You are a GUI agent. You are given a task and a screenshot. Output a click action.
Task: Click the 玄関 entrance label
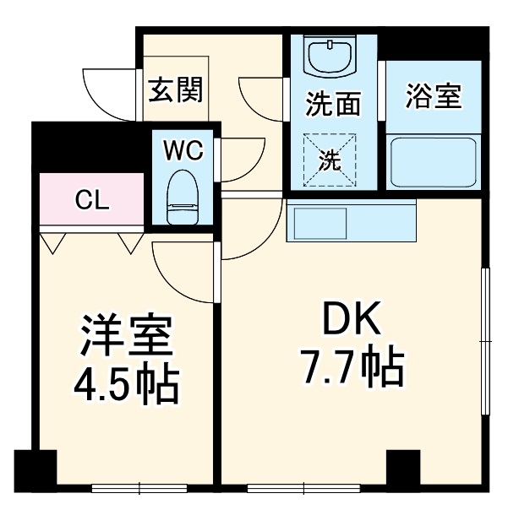[x=177, y=89]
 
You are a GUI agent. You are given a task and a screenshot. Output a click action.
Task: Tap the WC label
[x=183, y=151]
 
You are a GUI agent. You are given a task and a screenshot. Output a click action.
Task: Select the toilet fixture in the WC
[x=181, y=196]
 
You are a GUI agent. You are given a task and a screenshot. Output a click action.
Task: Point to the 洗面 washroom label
[x=332, y=105]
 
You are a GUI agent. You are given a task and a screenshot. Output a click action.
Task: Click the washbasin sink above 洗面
[x=332, y=57]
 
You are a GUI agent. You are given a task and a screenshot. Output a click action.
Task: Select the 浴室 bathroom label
[x=433, y=95]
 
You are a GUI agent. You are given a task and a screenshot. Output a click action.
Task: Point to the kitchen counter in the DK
[x=352, y=220]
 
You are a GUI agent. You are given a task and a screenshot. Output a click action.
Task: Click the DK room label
[x=352, y=320]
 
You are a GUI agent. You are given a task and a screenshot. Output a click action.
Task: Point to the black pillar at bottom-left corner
[x=35, y=469]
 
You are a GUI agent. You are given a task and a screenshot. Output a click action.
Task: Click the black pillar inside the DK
[x=402, y=467]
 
